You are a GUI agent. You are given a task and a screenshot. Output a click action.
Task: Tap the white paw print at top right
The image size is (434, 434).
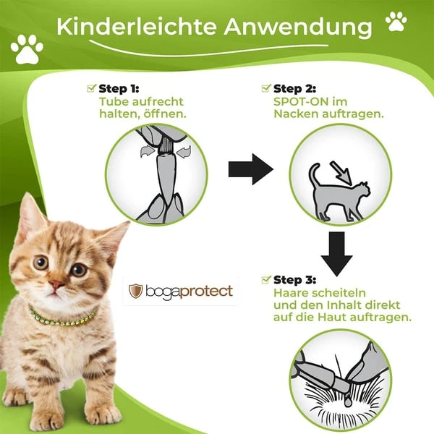(396, 22)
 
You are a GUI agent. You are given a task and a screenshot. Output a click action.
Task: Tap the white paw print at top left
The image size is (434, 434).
(27, 49)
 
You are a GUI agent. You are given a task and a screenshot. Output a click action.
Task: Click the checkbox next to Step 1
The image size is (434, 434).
(91, 88)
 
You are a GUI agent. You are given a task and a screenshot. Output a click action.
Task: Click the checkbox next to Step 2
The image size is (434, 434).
(266, 88)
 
